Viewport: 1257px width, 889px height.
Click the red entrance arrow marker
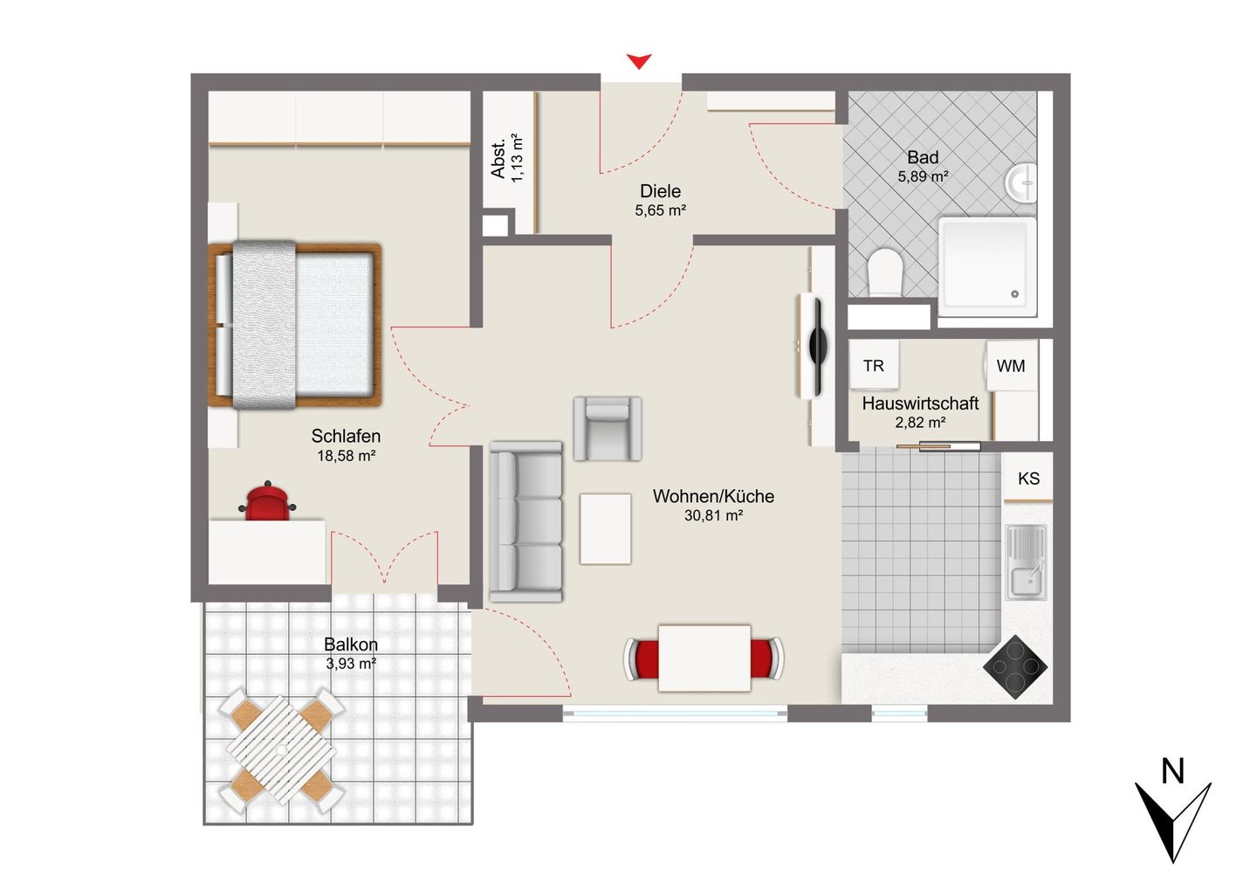pos(639,61)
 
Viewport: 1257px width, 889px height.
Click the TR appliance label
pos(874,366)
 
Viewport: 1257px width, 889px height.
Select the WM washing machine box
pos(1011,366)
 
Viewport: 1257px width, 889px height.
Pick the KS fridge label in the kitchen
pos(1028,479)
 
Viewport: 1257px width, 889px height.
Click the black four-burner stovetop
pos(1015,667)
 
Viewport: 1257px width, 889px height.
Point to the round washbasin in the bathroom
pos(1020,183)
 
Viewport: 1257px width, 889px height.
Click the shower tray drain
pos(1014,294)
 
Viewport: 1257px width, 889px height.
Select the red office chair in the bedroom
pos(267,501)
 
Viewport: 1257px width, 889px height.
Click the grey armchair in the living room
pos(608,429)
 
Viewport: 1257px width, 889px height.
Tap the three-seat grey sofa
pos(525,521)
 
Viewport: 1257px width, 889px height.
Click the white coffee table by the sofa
pos(606,528)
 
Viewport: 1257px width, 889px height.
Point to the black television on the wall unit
pos(818,348)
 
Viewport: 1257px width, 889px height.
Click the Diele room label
pos(661,191)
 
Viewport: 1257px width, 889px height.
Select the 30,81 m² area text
pos(714,515)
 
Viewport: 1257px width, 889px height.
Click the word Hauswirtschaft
pos(920,403)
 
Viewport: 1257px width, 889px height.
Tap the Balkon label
pos(351,644)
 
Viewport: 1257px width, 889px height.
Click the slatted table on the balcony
pos(281,750)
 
